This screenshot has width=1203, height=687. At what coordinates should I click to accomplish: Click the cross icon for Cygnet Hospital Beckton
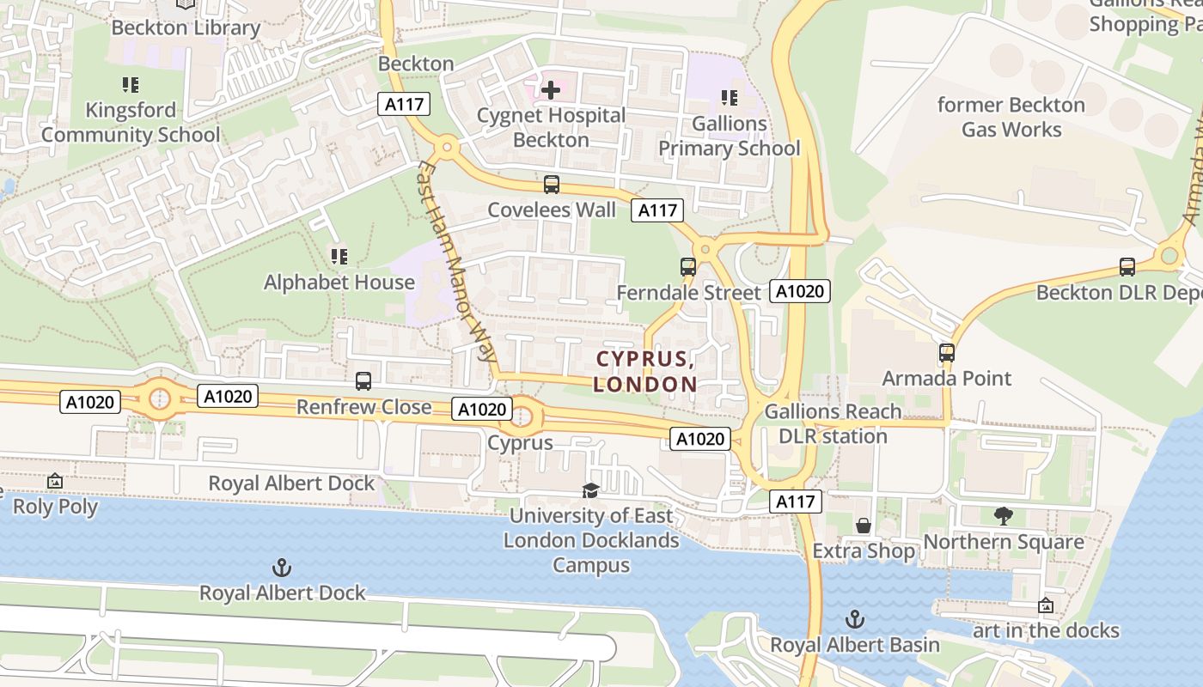pos(551,89)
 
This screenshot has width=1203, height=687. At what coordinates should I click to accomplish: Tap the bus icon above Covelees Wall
pos(552,185)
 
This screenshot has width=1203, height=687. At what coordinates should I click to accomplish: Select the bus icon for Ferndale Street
pos(688,267)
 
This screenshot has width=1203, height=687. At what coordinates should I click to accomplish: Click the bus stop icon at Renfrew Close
pos(363,380)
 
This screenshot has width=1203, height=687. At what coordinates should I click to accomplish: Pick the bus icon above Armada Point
pos(947,353)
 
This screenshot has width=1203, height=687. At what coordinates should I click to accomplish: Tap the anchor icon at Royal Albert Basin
pos(855,619)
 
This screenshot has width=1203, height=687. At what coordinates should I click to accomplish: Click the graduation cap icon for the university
pos(590,490)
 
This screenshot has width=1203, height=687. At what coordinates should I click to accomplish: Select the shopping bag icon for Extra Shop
pos(864,526)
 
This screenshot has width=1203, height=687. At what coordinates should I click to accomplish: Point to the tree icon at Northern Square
pos(1003,516)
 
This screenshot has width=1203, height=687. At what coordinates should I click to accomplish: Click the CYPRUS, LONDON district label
pos(645,371)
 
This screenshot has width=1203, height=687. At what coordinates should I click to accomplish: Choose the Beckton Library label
pos(186,27)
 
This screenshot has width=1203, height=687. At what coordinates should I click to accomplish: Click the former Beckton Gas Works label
pos(1011,118)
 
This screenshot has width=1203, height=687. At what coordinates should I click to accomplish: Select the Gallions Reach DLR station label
pos(833,423)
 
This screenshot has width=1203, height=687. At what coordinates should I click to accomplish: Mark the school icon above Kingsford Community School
pos(131,85)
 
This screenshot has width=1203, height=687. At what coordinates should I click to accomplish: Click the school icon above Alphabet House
pos(339,257)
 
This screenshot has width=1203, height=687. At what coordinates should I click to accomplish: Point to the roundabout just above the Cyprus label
pos(522,418)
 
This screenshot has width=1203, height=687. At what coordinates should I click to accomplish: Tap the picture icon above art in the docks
pos(1046,605)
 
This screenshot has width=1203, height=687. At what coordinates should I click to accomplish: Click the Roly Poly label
pos(55,507)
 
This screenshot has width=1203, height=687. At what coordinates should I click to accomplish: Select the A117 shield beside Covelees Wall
pos(657,210)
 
